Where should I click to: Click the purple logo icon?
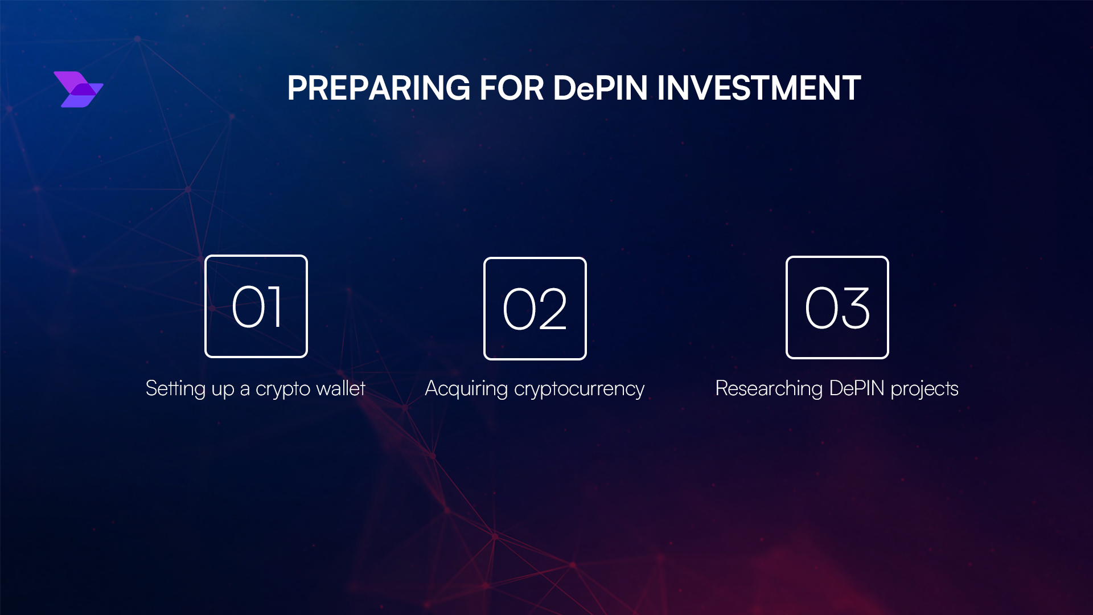point(79,89)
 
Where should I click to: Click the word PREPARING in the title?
point(379,88)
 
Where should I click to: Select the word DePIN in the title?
point(600,88)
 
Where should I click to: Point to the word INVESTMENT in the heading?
point(759,88)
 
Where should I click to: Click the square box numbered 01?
point(256,306)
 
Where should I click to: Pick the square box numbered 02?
point(535,309)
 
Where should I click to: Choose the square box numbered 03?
point(837,307)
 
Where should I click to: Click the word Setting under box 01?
point(175,389)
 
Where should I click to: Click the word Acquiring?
point(466,389)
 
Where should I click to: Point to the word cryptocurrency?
point(579,389)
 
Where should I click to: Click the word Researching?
point(769,389)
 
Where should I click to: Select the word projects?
point(924,389)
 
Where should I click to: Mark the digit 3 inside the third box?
point(854,308)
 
